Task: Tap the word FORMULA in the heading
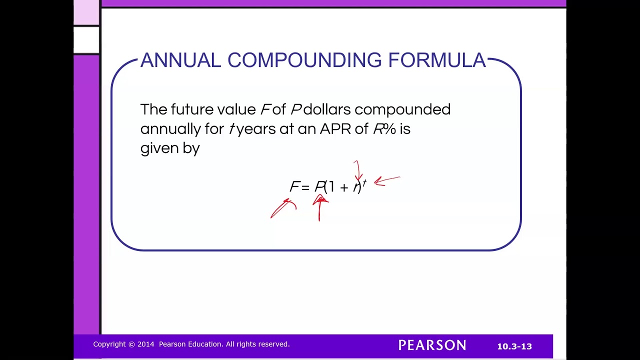pyautogui.click(x=437, y=60)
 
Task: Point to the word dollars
pyautogui.click(x=327, y=109)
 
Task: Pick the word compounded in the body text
pyautogui.click(x=402, y=110)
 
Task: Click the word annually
pyautogui.click(x=170, y=129)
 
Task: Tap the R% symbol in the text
pyautogui.click(x=384, y=129)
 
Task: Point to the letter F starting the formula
pyautogui.click(x=294, y=187)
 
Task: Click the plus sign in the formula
pyautogui.click(x=343, y=187)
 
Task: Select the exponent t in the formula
pyautogui.click(x=364, y=183)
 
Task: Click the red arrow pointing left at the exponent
pyautogui.click(x=386, y=181)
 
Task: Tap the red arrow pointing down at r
pyautogui.click(x=357, y=170)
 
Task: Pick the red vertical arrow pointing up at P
pyautogui.click(x=319, y=209)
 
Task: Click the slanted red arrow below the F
pyautogui.click(x=282, y=208)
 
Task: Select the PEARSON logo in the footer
pyautogui.click(x=432, y=345)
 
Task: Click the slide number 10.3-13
pyautogui.click(x=514, y=346)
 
